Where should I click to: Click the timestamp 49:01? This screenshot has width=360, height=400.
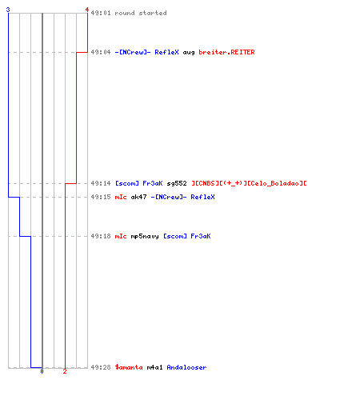[101, 13]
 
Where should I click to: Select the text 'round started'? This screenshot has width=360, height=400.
[141, 13]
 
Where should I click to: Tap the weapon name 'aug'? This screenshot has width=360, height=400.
[189, 53]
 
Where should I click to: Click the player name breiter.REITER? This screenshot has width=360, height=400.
[226, 52]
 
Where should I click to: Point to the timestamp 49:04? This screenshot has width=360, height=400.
[101, 52]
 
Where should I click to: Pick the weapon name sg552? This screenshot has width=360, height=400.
[177, 183]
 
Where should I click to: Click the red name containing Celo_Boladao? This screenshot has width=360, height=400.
[249, 183]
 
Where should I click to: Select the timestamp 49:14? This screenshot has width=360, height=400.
[101, 183]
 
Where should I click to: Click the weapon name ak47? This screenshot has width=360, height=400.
[138, 197]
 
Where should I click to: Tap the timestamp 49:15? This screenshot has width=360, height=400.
[101, 197]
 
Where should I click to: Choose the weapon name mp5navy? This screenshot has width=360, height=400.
[145, 237]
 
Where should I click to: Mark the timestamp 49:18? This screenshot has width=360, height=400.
[101, 236]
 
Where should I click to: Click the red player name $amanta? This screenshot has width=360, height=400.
[129, 367]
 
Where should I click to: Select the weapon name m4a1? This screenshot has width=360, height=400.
[154, 367]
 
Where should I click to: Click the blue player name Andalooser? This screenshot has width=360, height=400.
[186, 367]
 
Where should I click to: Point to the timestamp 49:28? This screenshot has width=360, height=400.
[101, 367]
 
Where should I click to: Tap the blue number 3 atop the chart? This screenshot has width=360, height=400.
[8, 10]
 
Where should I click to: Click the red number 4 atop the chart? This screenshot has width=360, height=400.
[87, 10]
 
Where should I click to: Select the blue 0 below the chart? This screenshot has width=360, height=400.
[42, 371]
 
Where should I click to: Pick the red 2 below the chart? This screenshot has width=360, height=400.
[65, 371]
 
